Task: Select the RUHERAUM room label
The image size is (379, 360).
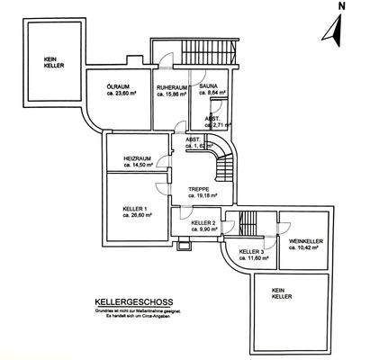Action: [x=170, y=86]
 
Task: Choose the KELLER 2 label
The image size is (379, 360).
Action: [x=203, y=221]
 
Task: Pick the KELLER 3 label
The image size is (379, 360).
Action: [x=251, y=251]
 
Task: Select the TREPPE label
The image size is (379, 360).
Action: [x=199, y=189]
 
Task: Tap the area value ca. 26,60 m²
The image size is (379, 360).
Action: [x=138, y=215]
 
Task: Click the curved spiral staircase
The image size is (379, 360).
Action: [x=225, y=166]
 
